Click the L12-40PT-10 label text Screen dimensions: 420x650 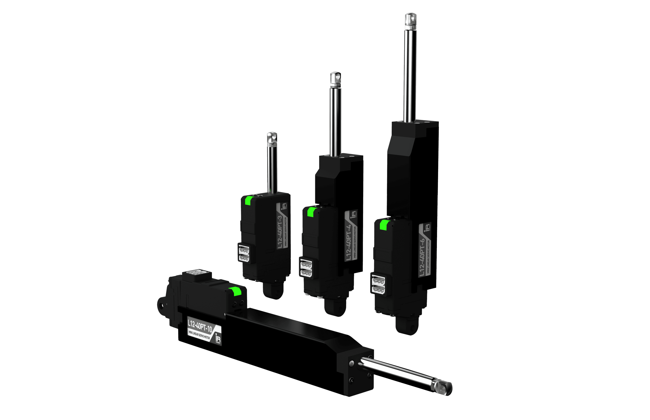pyautogui.click(x=200, y=326)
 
